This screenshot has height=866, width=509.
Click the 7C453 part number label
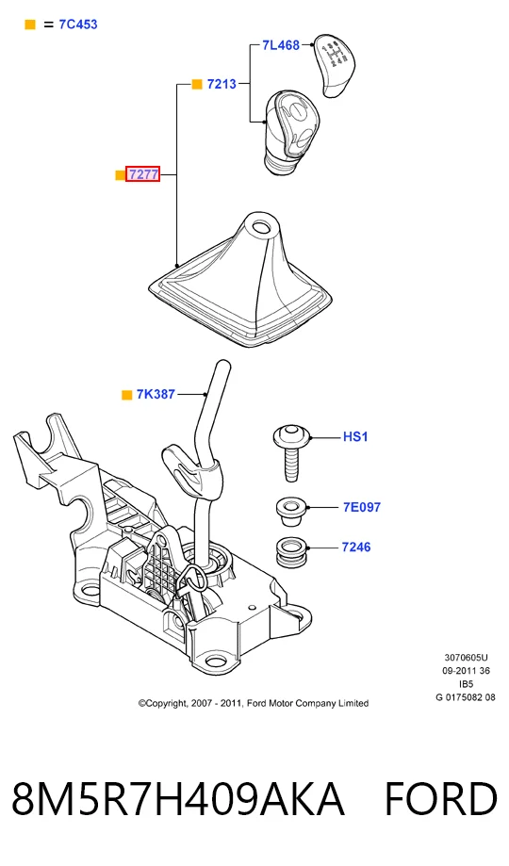pos(78,25)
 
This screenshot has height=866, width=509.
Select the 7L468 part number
pos(281,45)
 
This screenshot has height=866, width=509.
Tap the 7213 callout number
pos(222,84)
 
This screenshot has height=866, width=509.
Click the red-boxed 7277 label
pos(143,174)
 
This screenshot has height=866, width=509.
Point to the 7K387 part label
pos(156,394)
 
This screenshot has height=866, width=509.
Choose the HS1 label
pos(355,437)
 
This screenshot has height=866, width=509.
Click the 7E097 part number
pos(362,507)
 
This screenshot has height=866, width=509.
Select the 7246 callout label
pos(356,547)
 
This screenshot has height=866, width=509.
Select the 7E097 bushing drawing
pos(290,512)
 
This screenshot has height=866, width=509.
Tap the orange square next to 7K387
pos(127,395)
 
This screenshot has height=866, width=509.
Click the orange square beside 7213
pos(197,85)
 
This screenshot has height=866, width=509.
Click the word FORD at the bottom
pos(440,798)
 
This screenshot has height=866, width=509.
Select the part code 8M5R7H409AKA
pos(178,798)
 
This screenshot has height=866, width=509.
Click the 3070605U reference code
pos(466,657)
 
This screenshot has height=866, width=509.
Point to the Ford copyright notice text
pos(254,703)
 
